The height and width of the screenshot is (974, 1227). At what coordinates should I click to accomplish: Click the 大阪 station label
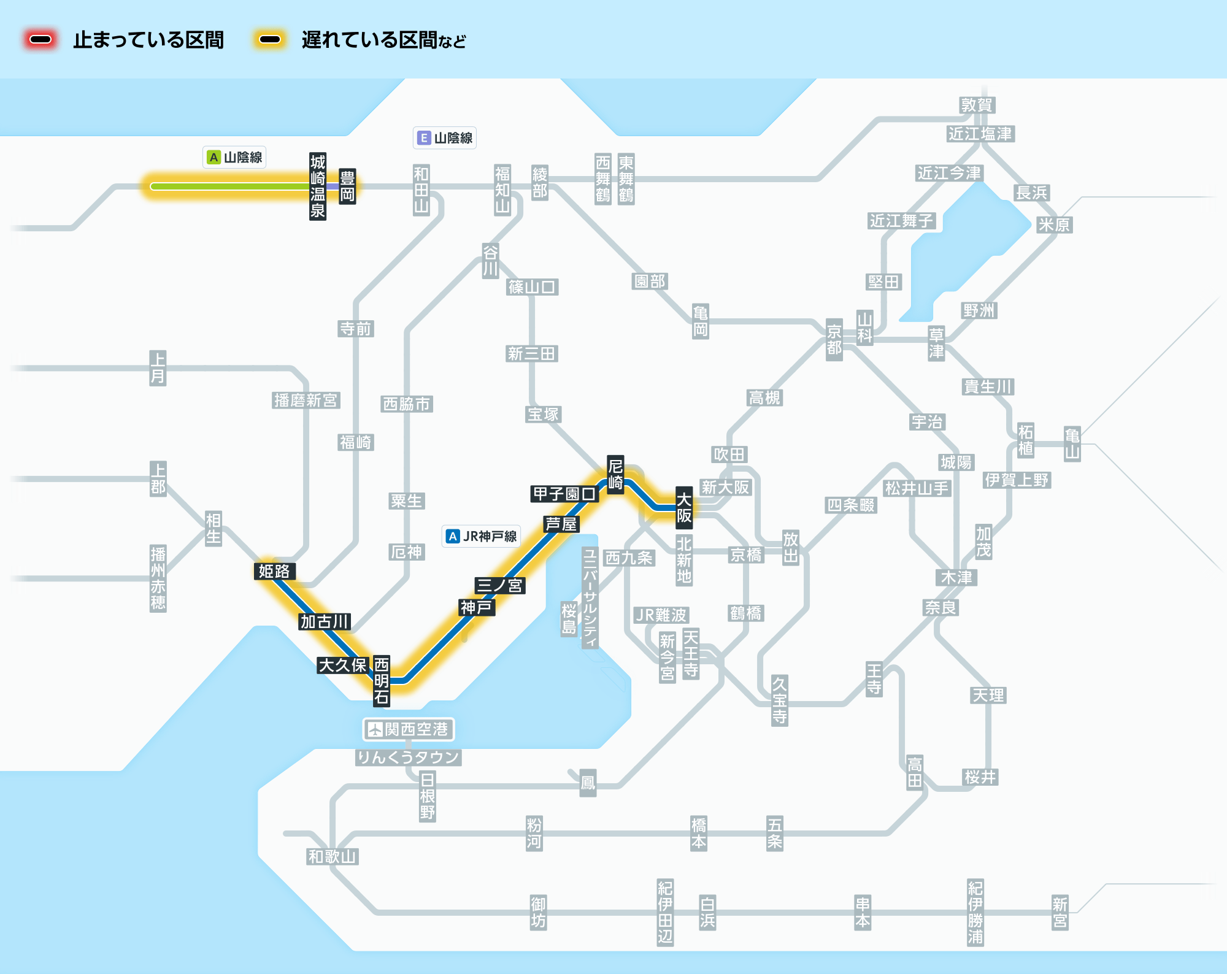click(x=684, y=507)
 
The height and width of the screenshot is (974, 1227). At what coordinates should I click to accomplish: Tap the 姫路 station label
click(x=274, y=571)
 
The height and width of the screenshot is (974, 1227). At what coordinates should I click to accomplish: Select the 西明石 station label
click(x=382, y=680)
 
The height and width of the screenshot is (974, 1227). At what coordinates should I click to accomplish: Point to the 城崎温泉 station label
click(x=318, y=186)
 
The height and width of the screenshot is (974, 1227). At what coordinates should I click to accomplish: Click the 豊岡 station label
click(x=347, y=186)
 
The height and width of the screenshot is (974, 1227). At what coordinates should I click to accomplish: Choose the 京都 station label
click(x=834, y=340)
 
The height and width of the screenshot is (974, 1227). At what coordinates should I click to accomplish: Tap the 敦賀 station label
click(x=977, y=105)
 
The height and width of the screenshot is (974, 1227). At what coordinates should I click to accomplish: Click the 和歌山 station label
click(x=333, y=856)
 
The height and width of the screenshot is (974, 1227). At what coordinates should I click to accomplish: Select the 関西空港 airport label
click(x=409, y=729)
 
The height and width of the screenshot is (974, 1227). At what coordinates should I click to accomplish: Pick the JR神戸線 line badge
click(x=482, y=536)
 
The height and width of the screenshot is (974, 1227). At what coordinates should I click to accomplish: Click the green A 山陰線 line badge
click(x=235, y=157)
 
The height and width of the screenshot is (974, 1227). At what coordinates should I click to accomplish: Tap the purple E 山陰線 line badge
click(x=445, y=138)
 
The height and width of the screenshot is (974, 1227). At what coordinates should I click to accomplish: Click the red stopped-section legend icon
click(x=41, y=40)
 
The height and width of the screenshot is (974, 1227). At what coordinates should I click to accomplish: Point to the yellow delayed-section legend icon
click(x=270, y=40)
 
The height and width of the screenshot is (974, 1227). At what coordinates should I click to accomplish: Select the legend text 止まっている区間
click(x=148, y=40)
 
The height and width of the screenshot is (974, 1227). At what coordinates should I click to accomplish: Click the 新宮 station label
click(x=1060, y=912)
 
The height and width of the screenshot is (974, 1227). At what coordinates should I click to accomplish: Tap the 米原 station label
click(x=1054, y=224)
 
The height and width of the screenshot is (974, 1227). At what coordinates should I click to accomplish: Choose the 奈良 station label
click(x=941, y=607)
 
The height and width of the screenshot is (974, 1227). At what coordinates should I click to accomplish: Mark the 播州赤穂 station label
click(x=158, y=578)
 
